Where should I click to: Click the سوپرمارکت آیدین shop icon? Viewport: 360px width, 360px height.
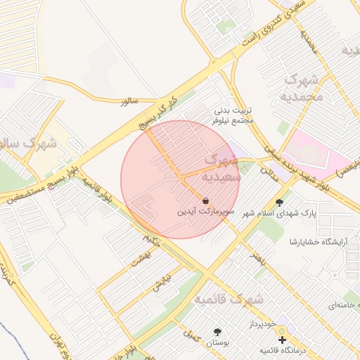pyautogui.click(x=205, y=200)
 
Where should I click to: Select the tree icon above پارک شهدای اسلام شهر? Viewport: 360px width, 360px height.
pyautogui.click(x=279, y=202)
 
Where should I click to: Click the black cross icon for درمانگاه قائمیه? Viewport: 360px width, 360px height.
pyautogui.click(x=283, y=340)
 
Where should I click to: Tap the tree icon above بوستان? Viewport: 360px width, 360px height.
pyautogui.click(x=218, y=332)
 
